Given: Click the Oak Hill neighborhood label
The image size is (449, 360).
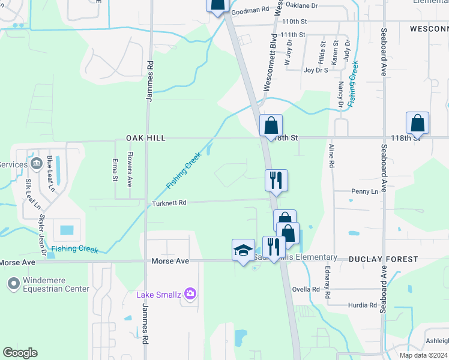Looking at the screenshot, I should point(145,138).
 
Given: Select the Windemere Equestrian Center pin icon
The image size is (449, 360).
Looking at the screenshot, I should point(13,282).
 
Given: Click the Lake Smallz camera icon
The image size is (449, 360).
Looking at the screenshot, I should point(190,293).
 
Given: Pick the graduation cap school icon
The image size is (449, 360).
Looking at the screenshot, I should point(243,250).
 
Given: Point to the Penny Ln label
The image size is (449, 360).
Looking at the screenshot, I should point(364,191).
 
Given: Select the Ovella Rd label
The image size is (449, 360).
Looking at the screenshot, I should point(306,289).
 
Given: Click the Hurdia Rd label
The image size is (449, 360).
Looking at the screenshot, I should point(362,305).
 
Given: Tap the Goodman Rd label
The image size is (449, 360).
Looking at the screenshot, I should point(250,10).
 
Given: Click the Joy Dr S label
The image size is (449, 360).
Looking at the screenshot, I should point(316,70).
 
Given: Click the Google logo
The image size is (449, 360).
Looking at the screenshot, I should point(20,353).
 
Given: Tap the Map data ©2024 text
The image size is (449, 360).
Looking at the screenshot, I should point(423,355).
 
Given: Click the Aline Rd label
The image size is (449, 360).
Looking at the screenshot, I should point(331,155).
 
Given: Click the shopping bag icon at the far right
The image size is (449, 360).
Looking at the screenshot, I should point(417,123).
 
